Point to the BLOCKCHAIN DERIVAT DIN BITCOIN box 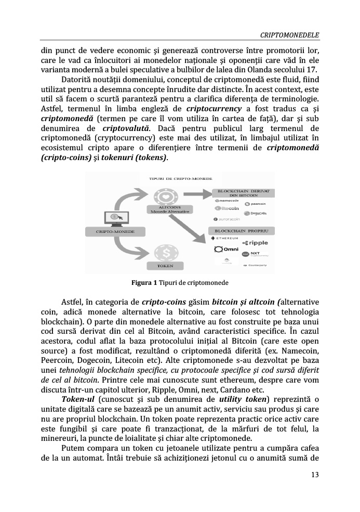click(x=240, y=193)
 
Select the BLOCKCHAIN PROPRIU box click(x=240, y=230)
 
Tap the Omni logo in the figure click(x=226, y=250)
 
